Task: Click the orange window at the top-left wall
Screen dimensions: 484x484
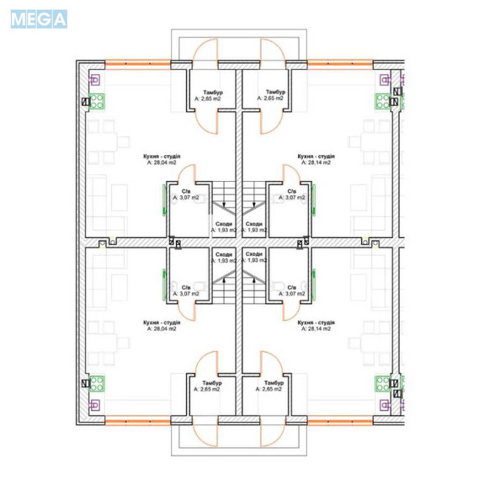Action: click(x=137, y=62)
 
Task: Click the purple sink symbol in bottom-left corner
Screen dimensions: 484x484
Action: click(x=94, y=404)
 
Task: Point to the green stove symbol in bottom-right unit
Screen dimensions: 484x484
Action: click(x=382, y=382)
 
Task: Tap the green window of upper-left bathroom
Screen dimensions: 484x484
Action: click(x=164, y=199)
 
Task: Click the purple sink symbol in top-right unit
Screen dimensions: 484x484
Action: click(x=385, y=79)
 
